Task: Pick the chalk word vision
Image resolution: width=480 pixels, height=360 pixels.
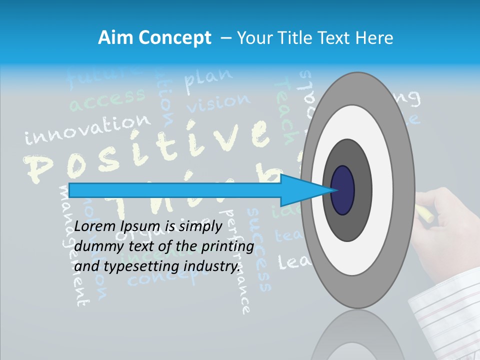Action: pos(218,102)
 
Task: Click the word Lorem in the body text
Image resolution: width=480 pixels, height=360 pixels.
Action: pos(95,226)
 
